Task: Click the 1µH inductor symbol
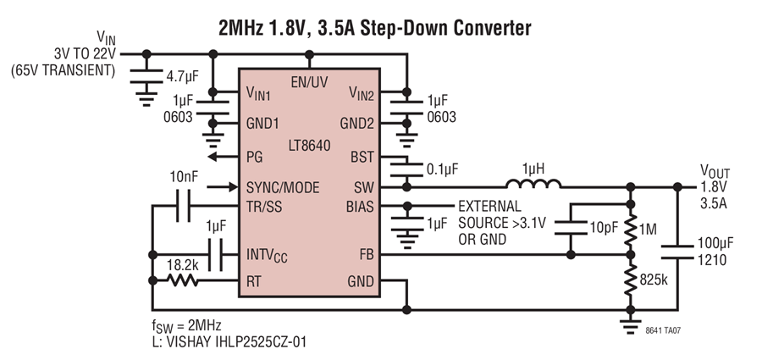click(x=533, y=184)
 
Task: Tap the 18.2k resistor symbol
click(x=182, y=280)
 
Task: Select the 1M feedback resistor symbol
click(x=630, y=229)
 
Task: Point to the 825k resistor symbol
click(x=630, y=280)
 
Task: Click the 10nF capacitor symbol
click(x=183, y=207)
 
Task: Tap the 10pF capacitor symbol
click(x=571, y=228)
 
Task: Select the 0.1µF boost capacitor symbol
click(x=406, y=170)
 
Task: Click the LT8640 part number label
click(x=309, y=146)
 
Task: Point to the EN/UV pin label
click(x=309, y=82)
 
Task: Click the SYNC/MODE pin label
click(x=283, y=188)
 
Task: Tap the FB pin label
click(x=367, y=254)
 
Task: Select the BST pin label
click(x=362, y=158)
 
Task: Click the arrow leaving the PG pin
click(x=223, y=157)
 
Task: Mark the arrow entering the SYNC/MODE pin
click(x=223, y=187)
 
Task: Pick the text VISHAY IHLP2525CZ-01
click(x=237, y=341)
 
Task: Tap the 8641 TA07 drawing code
click(x=663, y=330)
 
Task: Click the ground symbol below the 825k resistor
click(x=630, y=326)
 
